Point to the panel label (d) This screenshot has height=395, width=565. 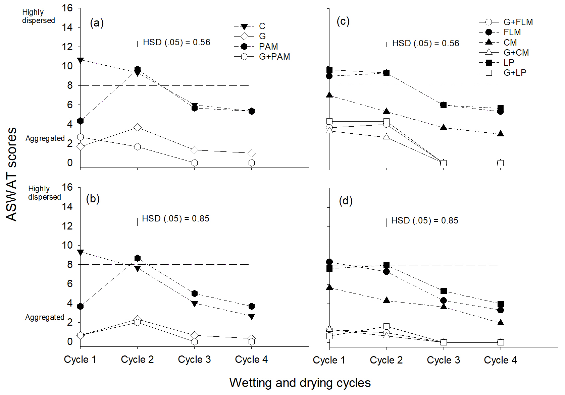[346, 201]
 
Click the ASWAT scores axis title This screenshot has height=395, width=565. [11, 174]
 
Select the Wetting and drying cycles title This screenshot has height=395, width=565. [300, 383]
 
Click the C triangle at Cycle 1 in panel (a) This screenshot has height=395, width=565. [80, 60]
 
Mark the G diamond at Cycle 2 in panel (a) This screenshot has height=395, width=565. [137, 127]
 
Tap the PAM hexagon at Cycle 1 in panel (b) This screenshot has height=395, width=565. [80, 306]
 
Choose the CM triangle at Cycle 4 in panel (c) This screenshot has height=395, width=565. [500, 134]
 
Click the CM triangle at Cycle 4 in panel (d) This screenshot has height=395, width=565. [500, 323]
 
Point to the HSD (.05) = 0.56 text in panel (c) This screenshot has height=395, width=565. [425, 43]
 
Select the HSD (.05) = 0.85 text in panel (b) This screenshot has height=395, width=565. [175, 218]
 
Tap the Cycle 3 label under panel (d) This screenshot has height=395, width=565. [443, 360]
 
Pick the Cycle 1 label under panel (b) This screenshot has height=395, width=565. [80, 359]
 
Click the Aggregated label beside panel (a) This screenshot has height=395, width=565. [45, 138]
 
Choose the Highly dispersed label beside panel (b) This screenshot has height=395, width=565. [44, 193]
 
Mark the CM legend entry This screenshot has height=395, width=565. [510, 42]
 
